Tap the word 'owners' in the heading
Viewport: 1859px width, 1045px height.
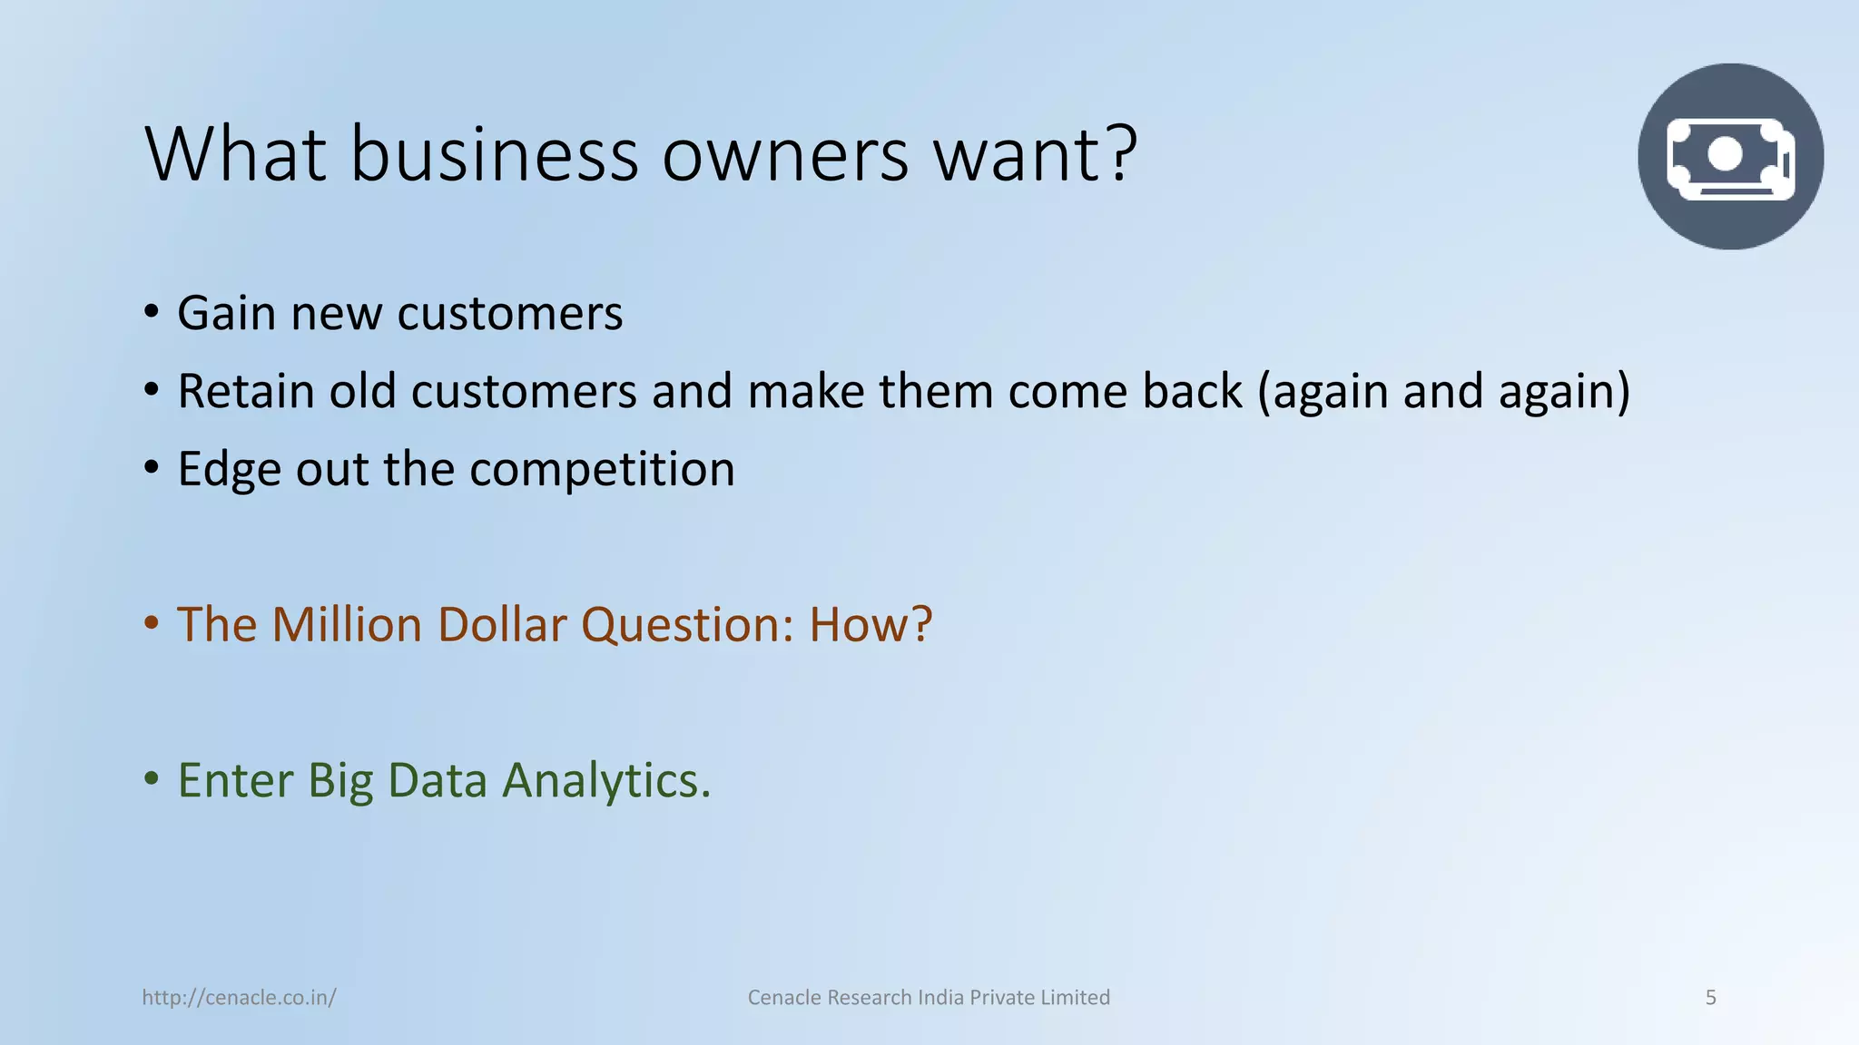point(785,156)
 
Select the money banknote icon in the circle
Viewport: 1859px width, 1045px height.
point(1730,157)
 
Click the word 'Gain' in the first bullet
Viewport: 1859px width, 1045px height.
point(227,314)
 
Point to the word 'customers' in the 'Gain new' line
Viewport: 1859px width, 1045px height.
point(510,314)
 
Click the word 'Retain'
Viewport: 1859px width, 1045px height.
point(246,392)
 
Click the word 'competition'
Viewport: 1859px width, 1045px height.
point(602,470)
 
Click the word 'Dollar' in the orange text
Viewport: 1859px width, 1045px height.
point(502,625)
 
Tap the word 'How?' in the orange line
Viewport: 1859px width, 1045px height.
point(870,625)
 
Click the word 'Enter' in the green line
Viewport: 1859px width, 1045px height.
point(235,781)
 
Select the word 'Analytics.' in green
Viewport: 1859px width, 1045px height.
point(606,781)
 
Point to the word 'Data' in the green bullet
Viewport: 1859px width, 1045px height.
point(438,781)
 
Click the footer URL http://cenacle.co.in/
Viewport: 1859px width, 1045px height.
point(239,998)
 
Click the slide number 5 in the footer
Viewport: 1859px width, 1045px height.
point(1711,998)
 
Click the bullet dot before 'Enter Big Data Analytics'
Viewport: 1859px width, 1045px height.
point(152,779)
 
